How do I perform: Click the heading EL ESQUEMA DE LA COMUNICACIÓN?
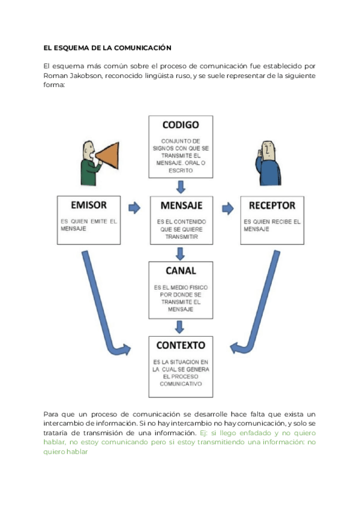point(107,47)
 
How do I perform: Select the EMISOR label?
point(88,205)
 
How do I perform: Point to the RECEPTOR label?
point(272,205)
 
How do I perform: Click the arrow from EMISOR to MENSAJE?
point(134,208)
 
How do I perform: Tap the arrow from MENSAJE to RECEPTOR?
point(227,208)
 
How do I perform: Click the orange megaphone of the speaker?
point(109,157)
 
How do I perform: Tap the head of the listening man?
point(267,149)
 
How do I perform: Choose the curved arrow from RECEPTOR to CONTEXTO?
point(262,306)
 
